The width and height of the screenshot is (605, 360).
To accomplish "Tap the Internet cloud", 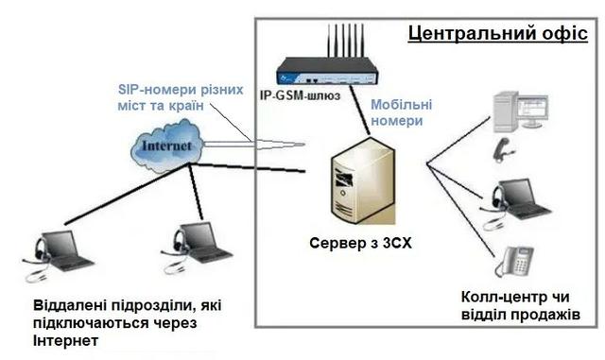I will (x=168, y=146).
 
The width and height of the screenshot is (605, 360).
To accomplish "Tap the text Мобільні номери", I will (x=404, y=113).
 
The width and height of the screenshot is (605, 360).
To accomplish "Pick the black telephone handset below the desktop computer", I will (x=506, y=145).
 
